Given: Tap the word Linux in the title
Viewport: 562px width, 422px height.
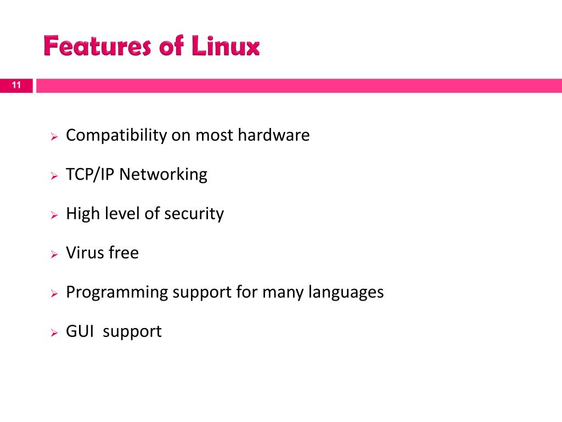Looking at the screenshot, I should click(x=226, y=47).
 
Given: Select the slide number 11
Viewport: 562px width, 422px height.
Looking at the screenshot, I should click(x=16, y=85).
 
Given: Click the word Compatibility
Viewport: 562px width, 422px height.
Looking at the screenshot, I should click(x=116, y=136).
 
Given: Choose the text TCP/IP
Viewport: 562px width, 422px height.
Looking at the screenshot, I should click(x=91, y=175).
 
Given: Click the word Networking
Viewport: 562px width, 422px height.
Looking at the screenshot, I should click(x=164, y=175).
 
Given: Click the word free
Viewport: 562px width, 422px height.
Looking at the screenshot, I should click(x=123, y=253).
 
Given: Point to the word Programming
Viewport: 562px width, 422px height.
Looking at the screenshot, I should click(x=117, y=292).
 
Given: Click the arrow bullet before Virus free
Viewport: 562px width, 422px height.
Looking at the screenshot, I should click(x=54, y=254).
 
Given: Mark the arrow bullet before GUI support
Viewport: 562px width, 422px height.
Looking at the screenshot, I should click(x=54, y=333).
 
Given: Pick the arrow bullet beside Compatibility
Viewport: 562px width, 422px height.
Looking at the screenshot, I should click(x=54, y=137).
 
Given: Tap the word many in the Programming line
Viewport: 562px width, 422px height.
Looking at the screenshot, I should click(x=279, y=292).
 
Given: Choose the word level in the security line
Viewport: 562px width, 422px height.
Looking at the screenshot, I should click(x=124, y=214).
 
